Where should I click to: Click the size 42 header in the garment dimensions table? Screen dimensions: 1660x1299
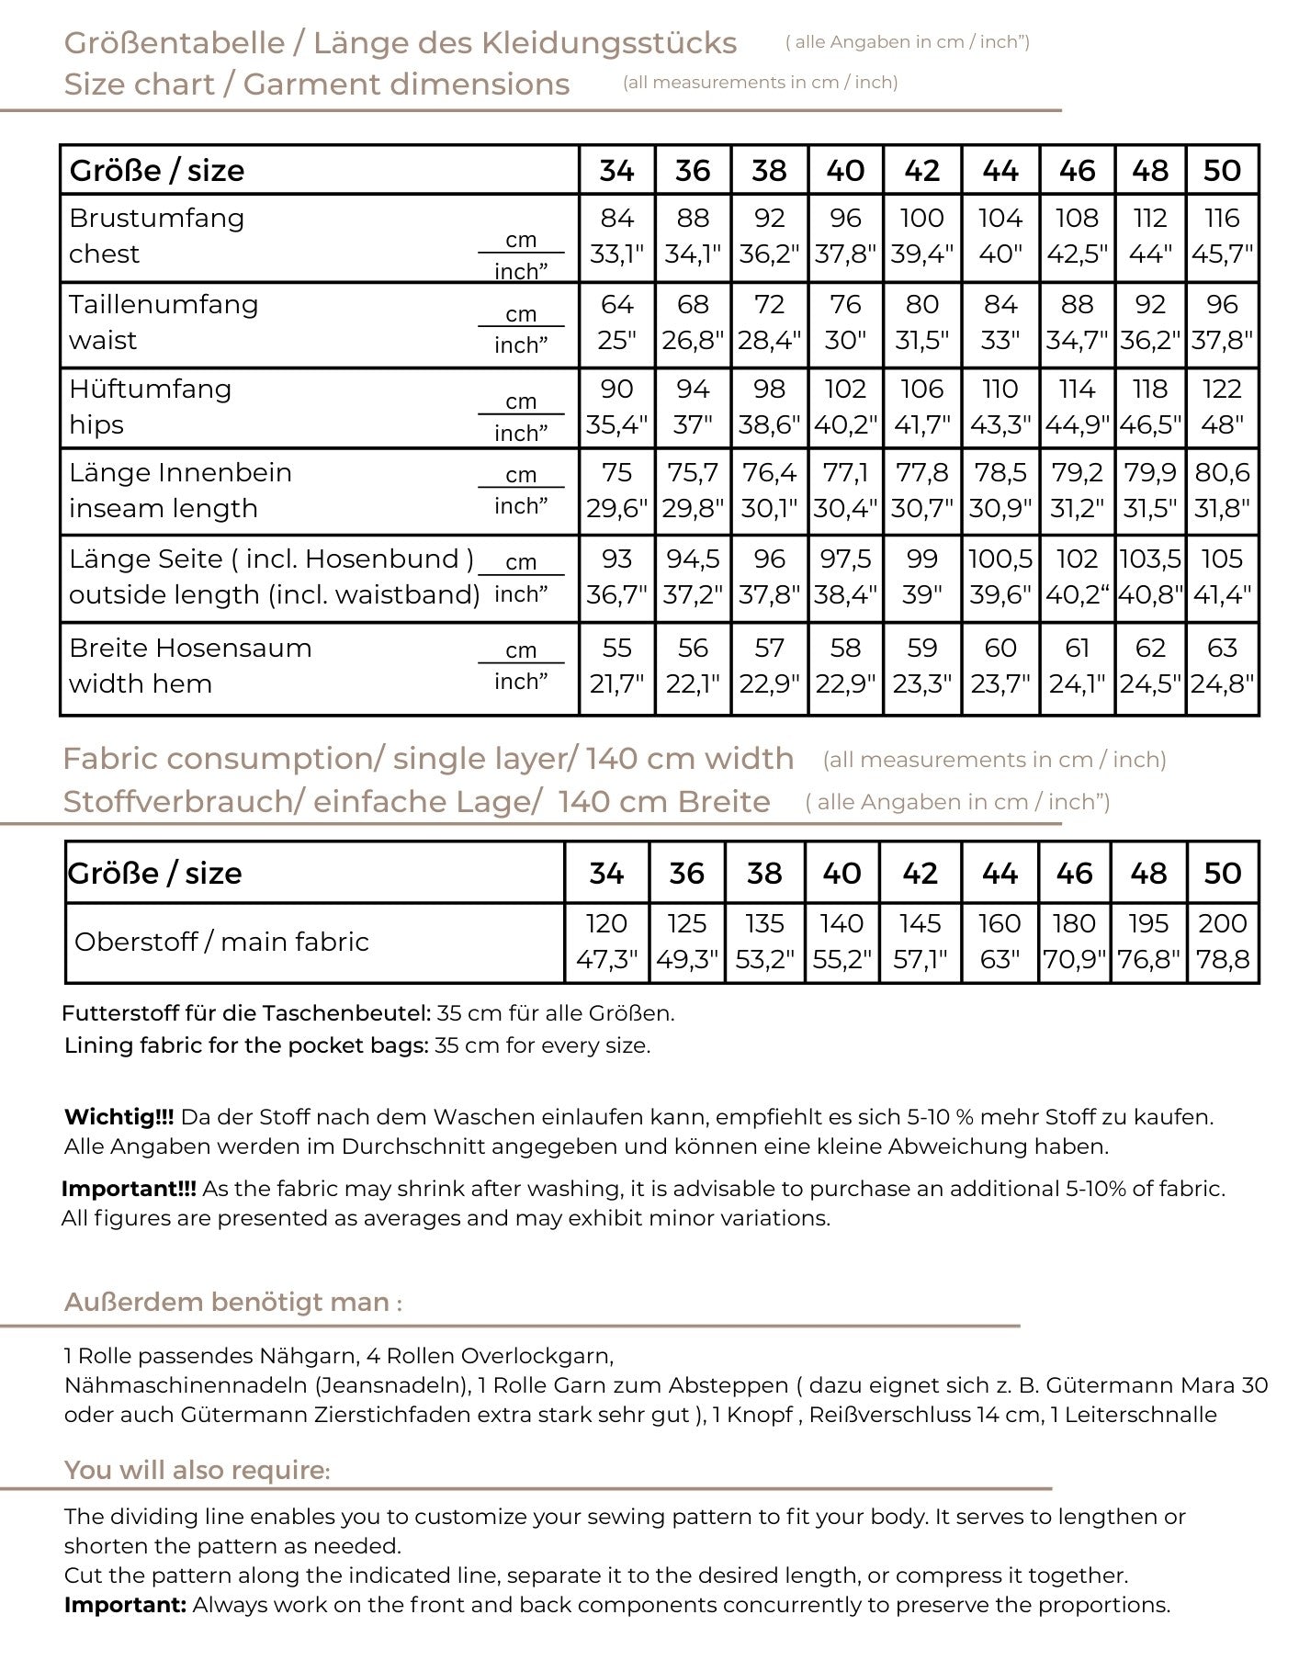point(921,171)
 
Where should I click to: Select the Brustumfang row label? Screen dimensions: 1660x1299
point(156,219)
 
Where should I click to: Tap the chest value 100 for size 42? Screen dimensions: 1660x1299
point(921,219)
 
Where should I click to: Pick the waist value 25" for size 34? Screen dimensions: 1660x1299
point(616,341)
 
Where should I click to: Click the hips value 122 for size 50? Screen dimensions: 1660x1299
point(1222,390)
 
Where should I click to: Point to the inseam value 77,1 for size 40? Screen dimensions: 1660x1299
point(845,473)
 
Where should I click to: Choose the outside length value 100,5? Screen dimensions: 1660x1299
point(1000,559)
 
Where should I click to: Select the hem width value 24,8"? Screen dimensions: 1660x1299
point(1222,684)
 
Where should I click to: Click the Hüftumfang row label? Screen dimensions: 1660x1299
point(150,390)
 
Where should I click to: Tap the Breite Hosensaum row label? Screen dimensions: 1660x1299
point(190,649)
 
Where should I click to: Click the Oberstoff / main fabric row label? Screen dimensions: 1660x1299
point(221,943)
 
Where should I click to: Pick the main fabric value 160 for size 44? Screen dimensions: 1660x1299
point(1000,923)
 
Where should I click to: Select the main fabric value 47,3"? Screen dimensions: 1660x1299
point(606,960)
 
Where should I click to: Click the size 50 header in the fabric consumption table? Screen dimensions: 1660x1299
point(1222,874)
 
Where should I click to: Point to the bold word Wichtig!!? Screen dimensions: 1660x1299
point(119,1118)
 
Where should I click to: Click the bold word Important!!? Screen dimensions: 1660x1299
point(129,1190)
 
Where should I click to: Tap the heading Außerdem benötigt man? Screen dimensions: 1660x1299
point(232,1303)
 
